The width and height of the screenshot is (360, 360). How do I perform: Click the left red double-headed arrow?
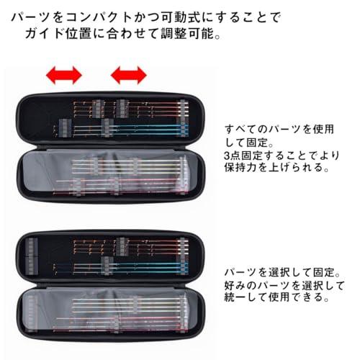(64, 75)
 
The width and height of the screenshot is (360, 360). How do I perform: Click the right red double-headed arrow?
(129, 75)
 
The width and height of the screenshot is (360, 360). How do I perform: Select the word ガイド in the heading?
(44, 33)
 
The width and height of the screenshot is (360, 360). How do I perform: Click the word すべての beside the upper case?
(246, 130)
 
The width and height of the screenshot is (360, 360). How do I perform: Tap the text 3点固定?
(243, 156)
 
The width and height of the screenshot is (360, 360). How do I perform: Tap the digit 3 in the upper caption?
(227, 156)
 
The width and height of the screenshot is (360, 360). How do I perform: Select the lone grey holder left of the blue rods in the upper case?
(65, 127)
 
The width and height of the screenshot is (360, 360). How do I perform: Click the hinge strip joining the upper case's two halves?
(110, 147)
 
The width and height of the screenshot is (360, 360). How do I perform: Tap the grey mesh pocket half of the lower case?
(111, 312)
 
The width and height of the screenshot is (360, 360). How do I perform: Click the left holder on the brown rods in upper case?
(98, 109)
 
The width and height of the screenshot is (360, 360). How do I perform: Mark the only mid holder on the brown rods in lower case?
(122, 247)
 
